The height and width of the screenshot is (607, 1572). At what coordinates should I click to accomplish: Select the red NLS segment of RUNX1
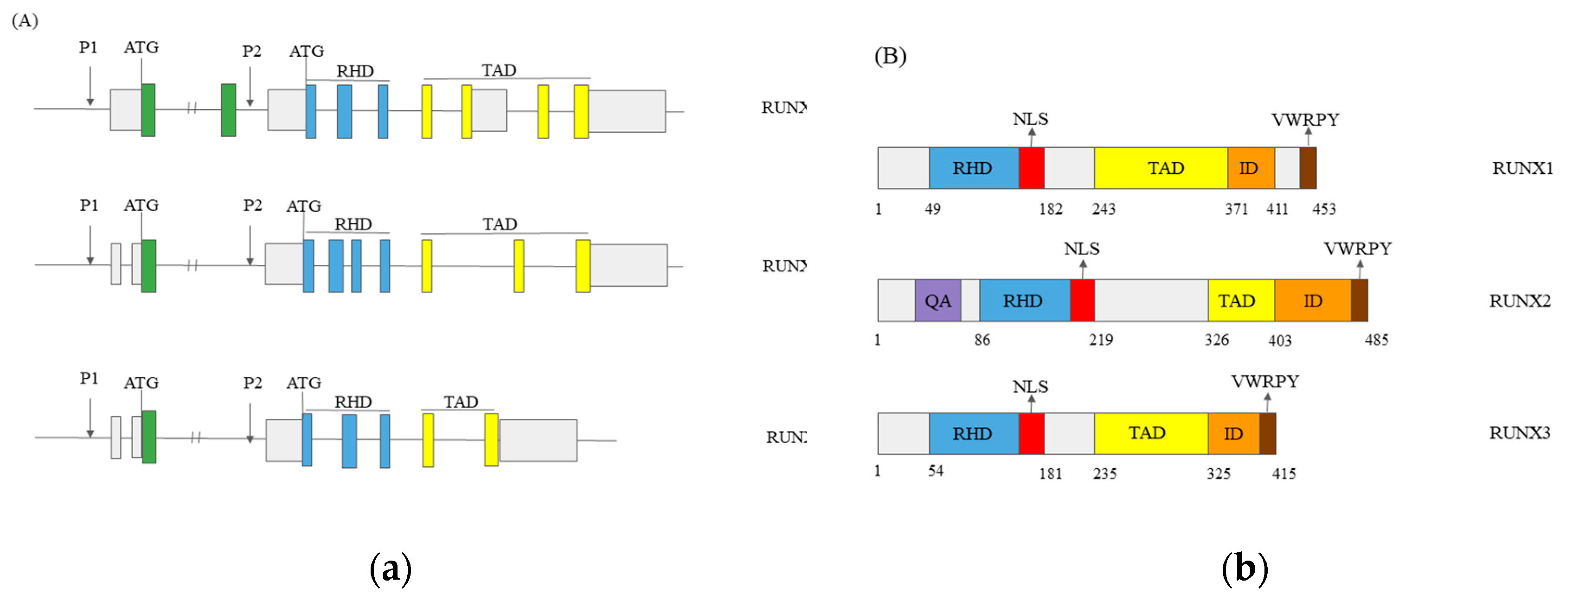click(1031, 168)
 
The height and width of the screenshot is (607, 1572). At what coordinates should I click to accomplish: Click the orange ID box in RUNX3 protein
click(1233, 434)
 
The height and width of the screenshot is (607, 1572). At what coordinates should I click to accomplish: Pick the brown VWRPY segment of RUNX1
click(1307, 168)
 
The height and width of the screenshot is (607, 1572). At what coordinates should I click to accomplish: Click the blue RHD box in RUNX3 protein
click(973, 434)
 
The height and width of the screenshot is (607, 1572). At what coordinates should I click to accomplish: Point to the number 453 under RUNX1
click(1324, 209)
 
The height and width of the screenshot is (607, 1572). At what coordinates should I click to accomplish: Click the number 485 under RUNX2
click(1376, 340)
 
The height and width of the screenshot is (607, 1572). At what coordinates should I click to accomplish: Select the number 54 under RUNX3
click(936, 471)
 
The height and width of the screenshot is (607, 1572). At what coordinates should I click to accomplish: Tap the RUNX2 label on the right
click(1519, 301)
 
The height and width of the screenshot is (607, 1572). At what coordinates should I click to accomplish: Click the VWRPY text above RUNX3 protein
click(1264, 382)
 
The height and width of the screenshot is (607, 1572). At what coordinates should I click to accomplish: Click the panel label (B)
click(890, 56)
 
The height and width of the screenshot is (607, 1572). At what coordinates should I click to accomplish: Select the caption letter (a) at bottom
click(391, 569)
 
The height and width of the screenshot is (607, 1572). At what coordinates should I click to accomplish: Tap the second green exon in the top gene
click(228, 110)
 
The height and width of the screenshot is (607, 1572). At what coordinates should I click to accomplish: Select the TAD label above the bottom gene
click(460, 402)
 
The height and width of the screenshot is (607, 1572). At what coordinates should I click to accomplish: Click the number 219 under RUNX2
click(1101, 340)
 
